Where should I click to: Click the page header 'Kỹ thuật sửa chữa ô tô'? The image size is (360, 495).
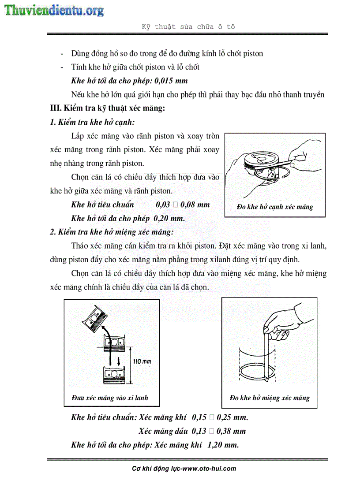click(188, 26)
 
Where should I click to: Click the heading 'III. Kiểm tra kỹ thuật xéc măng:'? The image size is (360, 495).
click(108, 108)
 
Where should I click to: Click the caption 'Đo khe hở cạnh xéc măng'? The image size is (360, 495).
click(275, 207)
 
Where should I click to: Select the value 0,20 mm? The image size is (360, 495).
click(169, 218)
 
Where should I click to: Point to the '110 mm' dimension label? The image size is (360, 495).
click(142, 361)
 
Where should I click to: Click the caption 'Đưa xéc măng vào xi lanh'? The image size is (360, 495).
click(109, 398)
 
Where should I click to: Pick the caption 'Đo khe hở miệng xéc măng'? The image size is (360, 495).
click(270, 398)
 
